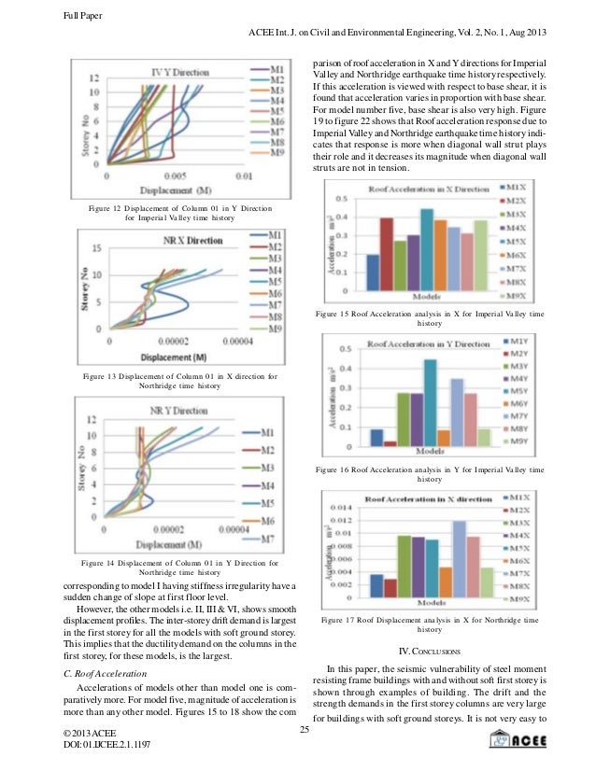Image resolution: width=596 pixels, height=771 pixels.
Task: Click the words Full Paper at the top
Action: pyautogui.click(x=57, y=13)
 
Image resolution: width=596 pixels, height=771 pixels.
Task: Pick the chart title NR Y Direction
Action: pyautogui.click(x=178, y=410)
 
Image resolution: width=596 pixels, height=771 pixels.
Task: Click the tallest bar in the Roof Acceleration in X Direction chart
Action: pyautogui.click(x=427, y=238)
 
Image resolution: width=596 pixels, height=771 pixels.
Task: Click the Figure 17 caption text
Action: pyautogui.click(x=430, y=624)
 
